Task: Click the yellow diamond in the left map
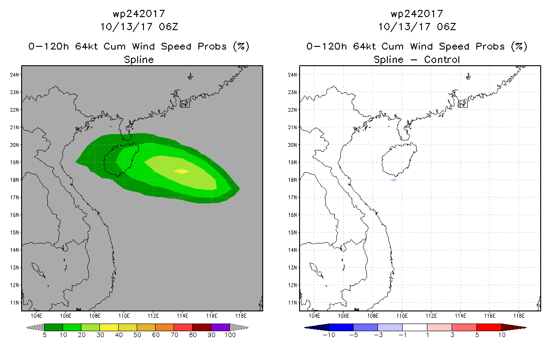[181, 171]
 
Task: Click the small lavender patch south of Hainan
[394, 180]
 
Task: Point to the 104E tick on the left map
[36, 315]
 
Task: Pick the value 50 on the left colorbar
[137, 335]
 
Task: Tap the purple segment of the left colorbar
[220, 327]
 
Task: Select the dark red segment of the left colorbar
[202, 327]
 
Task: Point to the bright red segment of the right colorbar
[489, 327]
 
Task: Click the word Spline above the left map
[139, 59]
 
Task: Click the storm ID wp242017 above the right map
[417, 14]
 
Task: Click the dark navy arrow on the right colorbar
[314, 327]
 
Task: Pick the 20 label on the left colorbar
[81, 335]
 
